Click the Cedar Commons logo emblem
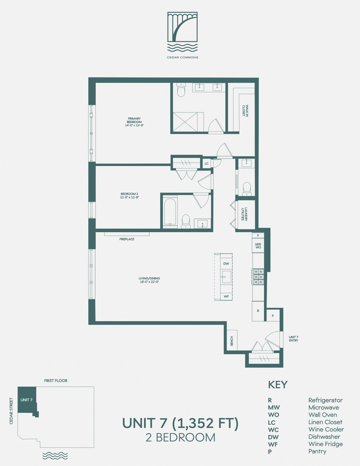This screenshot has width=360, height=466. [x=182, y=32]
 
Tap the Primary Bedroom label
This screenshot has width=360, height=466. [x=134, y=122]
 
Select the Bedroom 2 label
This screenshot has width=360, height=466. [x=129, y=195]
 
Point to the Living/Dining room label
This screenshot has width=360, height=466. [x=149, y=280]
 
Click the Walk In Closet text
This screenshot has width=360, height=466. [x=245, y=110]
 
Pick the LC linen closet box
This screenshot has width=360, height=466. [x=206, y=163]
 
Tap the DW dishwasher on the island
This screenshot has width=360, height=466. [x=226, y=264]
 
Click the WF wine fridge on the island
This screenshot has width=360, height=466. [x=226, y=296]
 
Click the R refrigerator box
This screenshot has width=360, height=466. [x=258, y=311]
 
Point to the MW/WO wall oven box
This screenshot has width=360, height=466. [x=258, y=246]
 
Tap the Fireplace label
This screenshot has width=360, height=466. [x=127, y=239]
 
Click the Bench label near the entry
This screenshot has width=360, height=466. [x=232, y=341]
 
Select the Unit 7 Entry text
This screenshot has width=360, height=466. [x=293, y=339]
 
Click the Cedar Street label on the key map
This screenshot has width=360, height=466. [x=11, y=411]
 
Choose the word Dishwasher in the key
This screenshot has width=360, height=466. [x=324, y=437]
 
